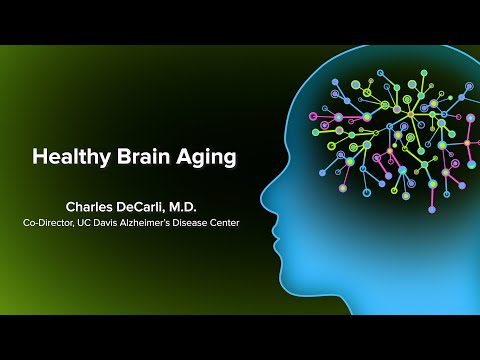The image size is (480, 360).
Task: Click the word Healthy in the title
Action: coord(68,157)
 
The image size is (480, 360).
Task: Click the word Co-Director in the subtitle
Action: coord(51,224)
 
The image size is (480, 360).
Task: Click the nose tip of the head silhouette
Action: coord(262,194)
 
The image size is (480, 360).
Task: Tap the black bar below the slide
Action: coord(240,337)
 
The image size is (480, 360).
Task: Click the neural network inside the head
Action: coord(400,130)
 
